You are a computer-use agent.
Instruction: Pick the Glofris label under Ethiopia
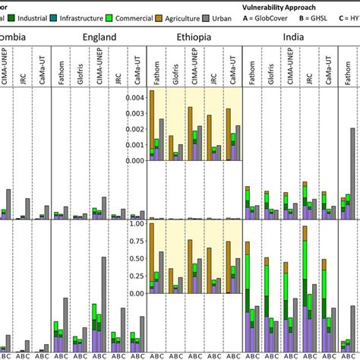coord(175,65)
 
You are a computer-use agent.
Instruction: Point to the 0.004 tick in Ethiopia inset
coord(137,98)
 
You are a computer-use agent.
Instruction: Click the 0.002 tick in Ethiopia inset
coord(137,129)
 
